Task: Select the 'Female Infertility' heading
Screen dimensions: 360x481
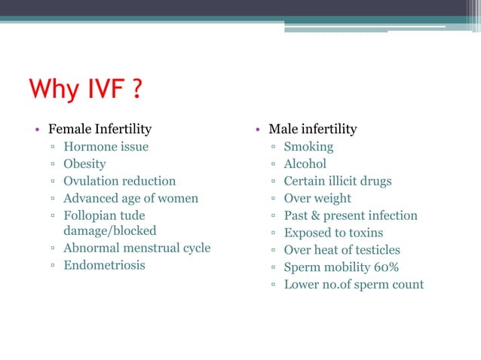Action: (x=100, y=129)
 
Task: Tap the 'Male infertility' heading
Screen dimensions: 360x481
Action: (x=313, y=129)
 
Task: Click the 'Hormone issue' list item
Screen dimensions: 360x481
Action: (x=106, y=147)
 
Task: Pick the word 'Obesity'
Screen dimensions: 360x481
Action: (x=84, y=164)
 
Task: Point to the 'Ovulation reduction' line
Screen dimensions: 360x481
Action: (x=119, y=182)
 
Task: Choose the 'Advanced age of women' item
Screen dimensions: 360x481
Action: (x=130, y=199)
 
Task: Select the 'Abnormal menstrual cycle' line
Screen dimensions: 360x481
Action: (x=136, y=248)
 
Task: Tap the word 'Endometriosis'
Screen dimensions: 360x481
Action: (x=104, y=265)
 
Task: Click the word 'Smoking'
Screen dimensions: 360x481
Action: (x=308, y=147)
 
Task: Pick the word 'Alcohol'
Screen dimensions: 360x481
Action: (x=305, y=164)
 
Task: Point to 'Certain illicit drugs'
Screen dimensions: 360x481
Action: (x=337, y=182)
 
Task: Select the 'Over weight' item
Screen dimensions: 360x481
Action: (x=317, y=199)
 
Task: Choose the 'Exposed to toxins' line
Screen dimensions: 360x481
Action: (x=333, y=233)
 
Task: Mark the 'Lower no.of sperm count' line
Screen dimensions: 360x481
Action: (x=353, y=285)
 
